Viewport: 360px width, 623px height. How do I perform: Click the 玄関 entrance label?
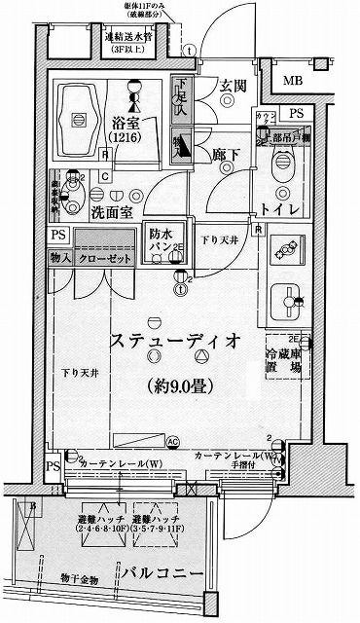233,85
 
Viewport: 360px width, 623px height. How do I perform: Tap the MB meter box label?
292,81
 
